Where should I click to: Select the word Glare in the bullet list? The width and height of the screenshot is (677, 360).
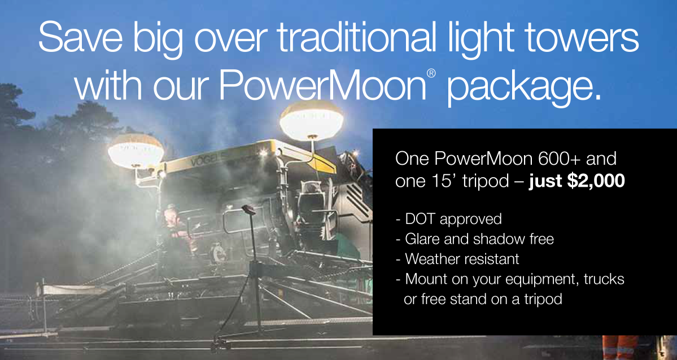422,239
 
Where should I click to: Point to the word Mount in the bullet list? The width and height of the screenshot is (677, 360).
424,279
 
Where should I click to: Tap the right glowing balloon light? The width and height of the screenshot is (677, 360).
311,120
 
